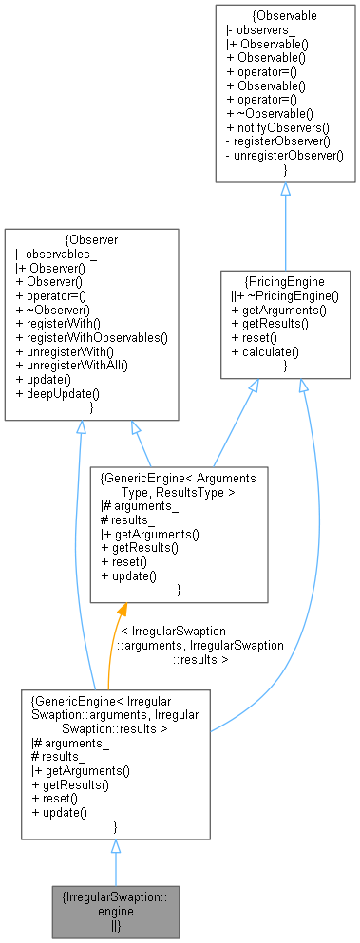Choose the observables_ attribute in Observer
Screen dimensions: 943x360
(57, 254)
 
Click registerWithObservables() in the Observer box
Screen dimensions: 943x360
(91, 337)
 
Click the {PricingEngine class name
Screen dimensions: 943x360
(285, 281)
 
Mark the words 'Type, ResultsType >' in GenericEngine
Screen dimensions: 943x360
(179, 493)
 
